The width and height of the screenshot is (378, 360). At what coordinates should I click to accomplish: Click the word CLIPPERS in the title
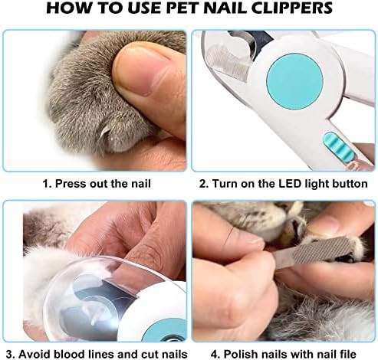[292, 8]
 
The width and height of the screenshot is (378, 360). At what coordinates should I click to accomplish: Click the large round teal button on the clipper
[294, 81]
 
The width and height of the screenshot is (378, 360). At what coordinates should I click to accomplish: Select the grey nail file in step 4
[320, 252]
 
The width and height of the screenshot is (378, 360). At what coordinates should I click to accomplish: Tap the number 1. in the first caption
[47, 184]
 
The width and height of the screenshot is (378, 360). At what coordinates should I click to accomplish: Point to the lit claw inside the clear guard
[94, 319]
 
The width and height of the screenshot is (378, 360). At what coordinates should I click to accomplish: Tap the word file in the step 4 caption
[347, 355]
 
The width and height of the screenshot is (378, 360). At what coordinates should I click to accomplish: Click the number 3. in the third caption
[10, 355]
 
